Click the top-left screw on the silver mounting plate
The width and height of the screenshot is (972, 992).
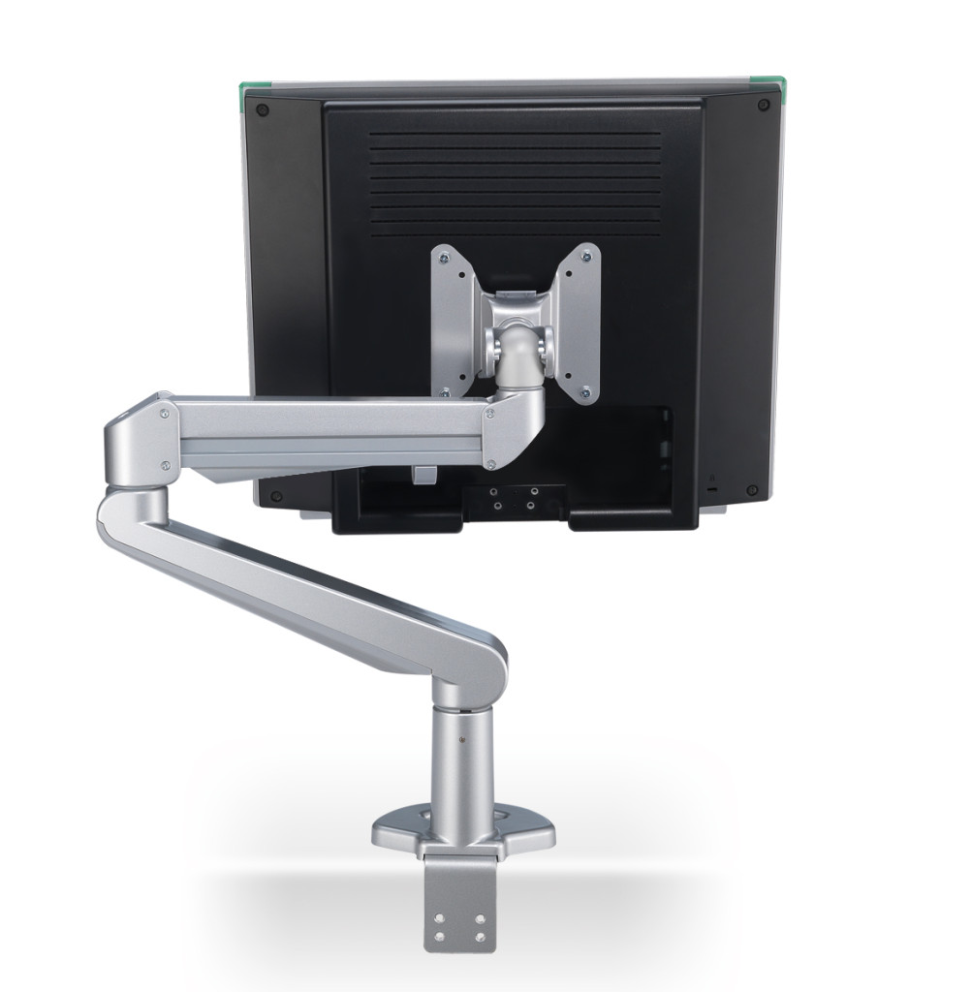pos(444,257)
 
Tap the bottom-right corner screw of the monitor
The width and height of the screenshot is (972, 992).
pos(751,490)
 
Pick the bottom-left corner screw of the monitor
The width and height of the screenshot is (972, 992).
pos(276,496)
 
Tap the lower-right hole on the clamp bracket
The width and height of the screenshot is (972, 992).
pos(479,936)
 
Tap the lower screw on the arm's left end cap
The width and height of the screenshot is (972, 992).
pos(168,465)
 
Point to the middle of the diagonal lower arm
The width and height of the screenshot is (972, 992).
pos(310,581)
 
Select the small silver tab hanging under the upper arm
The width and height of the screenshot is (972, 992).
pos(422,475)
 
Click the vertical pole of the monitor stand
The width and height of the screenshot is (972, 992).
pos(463,765)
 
